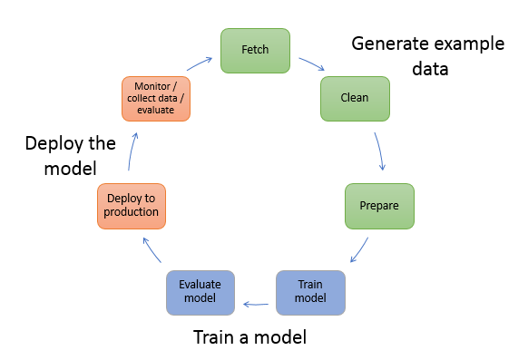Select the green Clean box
click(355, 99)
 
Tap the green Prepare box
click(379, 205)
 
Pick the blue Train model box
click(311, 291)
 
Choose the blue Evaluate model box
click(200, 291)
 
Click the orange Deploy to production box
click(132, 205)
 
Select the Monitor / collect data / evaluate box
click(155, 99)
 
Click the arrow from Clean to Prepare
click(381, 152)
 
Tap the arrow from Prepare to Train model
click(360, 250)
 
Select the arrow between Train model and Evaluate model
click(256, 292)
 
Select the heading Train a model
click(249, 338)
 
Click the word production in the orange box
click(132, 212)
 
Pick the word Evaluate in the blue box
click(200, 285)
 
